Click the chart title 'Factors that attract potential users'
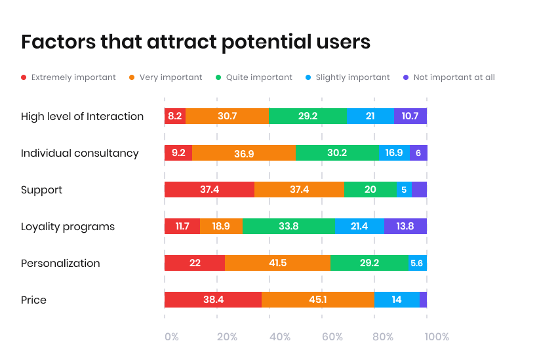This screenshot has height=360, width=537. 195,42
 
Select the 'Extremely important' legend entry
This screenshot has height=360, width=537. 68,77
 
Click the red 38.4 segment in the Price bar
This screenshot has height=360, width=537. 213,300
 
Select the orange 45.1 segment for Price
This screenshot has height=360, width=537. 318,300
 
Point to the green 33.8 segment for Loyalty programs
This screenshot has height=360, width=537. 288,226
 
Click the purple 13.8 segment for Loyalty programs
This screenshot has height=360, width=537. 405,226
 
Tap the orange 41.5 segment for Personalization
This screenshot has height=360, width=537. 277,263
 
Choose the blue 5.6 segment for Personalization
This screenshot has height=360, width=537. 417,263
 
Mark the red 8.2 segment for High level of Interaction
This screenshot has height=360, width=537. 175,116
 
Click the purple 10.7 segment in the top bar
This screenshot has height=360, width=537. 410,116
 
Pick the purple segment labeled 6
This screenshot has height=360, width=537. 418,153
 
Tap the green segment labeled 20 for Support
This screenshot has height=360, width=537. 370,190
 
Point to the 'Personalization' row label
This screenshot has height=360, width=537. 60,263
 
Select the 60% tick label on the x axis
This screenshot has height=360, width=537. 332,337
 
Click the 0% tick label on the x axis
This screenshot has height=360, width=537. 171,337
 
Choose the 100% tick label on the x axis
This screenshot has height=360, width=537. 437,337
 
